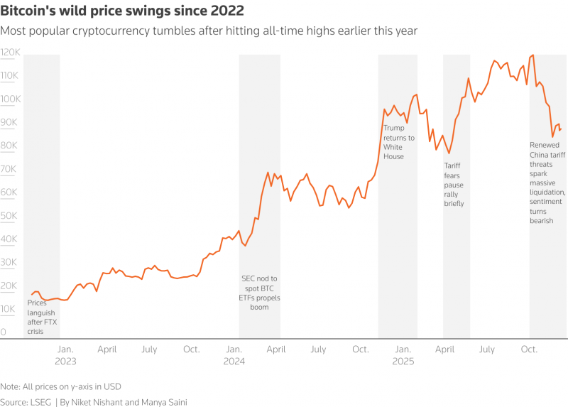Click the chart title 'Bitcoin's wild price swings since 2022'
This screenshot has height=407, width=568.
(122, 11)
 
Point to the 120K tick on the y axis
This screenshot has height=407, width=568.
(10, 53)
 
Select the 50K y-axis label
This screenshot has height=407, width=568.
(9, 216)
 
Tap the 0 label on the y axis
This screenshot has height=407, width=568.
(4, 332)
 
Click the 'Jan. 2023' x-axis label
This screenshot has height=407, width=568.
(65, 355)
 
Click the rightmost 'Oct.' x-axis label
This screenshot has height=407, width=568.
(529, 349)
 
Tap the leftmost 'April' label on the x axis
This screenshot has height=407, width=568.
(107, 349)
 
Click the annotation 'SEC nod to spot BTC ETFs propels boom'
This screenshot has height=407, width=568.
(259, 293)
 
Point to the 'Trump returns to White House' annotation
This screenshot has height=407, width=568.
(398, 142)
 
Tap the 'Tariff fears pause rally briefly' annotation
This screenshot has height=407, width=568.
(454, 184)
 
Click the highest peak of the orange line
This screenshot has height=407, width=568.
(532, 55)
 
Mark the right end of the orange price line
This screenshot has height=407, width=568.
(561, 129)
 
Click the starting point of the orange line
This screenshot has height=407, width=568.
(31, 295)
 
